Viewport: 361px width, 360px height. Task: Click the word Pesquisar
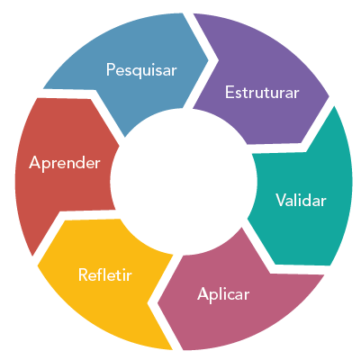pos(141,70)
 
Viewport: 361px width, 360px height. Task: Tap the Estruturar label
pos(262,92)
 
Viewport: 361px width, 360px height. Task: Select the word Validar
pos(301,200)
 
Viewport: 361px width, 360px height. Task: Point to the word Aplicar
pos(223,294)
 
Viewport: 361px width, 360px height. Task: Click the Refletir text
pos(105,274)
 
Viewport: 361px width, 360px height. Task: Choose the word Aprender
pos(65,163)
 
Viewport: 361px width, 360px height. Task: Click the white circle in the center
pos(184,182)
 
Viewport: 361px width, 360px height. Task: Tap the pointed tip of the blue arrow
pos(208,59)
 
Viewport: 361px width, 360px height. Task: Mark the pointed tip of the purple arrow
pos(329,96)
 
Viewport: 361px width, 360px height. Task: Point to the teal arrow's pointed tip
pos(330,265)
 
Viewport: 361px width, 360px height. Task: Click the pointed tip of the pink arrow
pos(158,303)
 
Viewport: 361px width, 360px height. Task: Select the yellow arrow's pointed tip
pos(38,265)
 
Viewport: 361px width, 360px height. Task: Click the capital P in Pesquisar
pos(111,69)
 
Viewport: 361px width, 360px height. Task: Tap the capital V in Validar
pos(282,200)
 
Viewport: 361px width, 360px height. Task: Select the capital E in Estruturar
pos(230,92)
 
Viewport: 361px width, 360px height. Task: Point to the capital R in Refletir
pos(84,274)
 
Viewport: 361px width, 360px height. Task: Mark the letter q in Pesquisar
pos(137,72)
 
